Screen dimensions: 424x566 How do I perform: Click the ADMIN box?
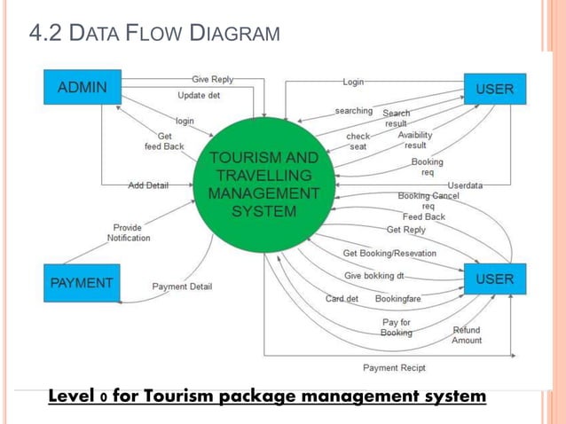83,88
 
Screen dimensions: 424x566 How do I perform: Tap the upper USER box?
494,89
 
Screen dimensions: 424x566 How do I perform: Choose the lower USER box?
494,279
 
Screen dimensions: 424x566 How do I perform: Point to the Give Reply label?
213,79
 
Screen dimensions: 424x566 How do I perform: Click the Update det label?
200,95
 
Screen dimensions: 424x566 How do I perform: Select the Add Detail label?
148,185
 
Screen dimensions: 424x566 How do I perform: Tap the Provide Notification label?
129,232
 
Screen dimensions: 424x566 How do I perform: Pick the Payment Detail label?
182,287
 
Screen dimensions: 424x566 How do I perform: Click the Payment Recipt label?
394,367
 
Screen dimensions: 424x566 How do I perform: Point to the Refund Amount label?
467,334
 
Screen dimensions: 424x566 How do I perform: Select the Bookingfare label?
397,299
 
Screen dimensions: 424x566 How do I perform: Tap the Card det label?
342,299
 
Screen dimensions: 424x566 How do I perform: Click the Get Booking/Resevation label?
389,253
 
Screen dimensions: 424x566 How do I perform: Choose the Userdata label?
465,185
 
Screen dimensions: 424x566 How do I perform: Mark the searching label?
354,111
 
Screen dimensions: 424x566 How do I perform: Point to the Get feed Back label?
164,140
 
